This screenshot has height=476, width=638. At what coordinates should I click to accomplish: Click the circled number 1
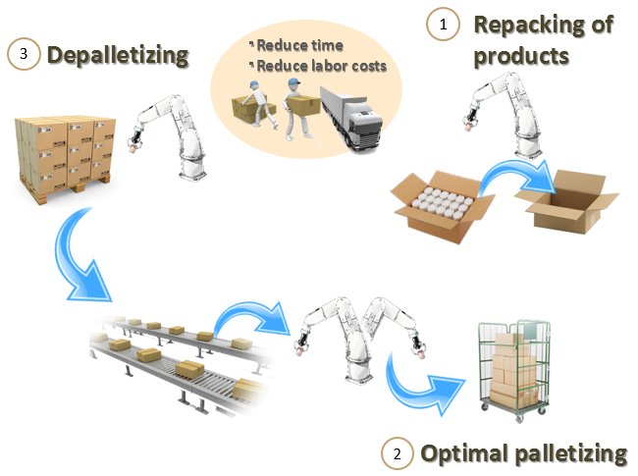click(x=442, y=26)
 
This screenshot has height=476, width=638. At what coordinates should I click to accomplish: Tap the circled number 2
click(x=396, y=453)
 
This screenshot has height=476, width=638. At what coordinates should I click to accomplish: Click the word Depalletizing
click(x=117, y=55)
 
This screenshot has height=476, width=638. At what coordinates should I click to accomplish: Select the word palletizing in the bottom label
click(x=569, y=453)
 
